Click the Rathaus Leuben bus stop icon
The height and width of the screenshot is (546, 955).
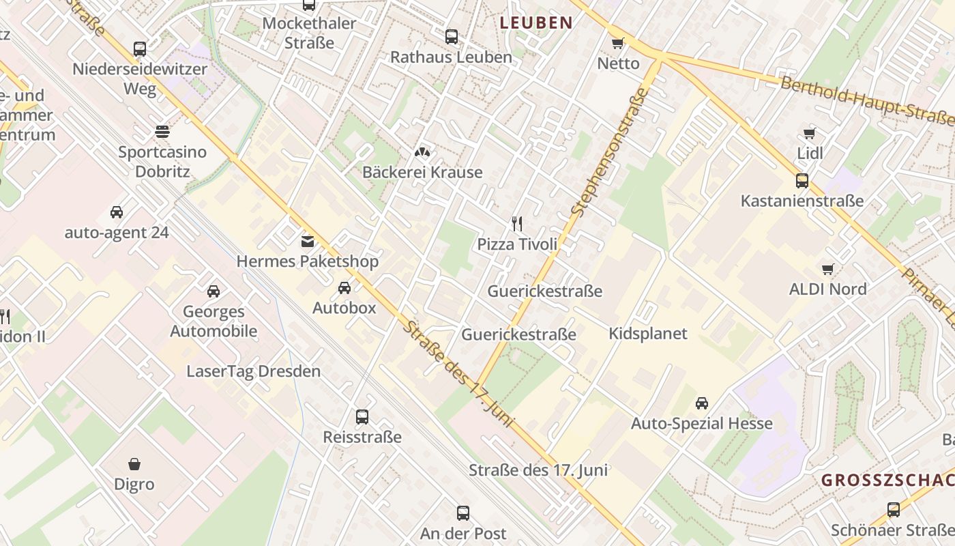451,37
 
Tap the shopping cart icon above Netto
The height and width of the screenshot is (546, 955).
618,44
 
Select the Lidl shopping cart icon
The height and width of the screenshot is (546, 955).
810,133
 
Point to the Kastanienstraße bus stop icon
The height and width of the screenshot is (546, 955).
802,181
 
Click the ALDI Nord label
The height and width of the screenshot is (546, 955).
827,289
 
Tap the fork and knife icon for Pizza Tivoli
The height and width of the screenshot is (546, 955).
517,223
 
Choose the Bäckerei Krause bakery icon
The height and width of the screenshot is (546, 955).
422,152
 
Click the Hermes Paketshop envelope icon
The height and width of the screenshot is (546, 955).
307,241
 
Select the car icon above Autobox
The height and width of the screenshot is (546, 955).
344,287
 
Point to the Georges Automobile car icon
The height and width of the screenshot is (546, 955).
214,291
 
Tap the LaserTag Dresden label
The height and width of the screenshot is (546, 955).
254,372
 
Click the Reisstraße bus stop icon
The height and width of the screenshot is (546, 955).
362,416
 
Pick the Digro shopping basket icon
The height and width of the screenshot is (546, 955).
134,464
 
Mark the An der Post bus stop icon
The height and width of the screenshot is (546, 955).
463,513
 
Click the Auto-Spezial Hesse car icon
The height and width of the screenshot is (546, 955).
702,403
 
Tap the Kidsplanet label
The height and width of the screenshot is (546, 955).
648,334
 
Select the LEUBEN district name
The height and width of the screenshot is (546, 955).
535,23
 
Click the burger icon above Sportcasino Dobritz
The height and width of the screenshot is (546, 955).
162,131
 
